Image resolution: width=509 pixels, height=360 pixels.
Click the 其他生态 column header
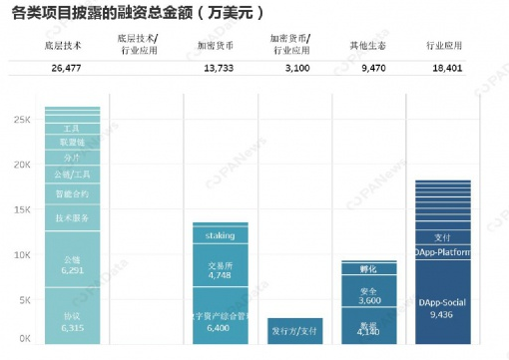366,45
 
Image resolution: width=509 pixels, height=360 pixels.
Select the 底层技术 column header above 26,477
71,45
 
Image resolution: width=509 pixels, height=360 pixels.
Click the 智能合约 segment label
72,193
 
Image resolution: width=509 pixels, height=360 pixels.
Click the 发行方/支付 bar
294,330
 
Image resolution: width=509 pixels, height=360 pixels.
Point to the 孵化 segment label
369,268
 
